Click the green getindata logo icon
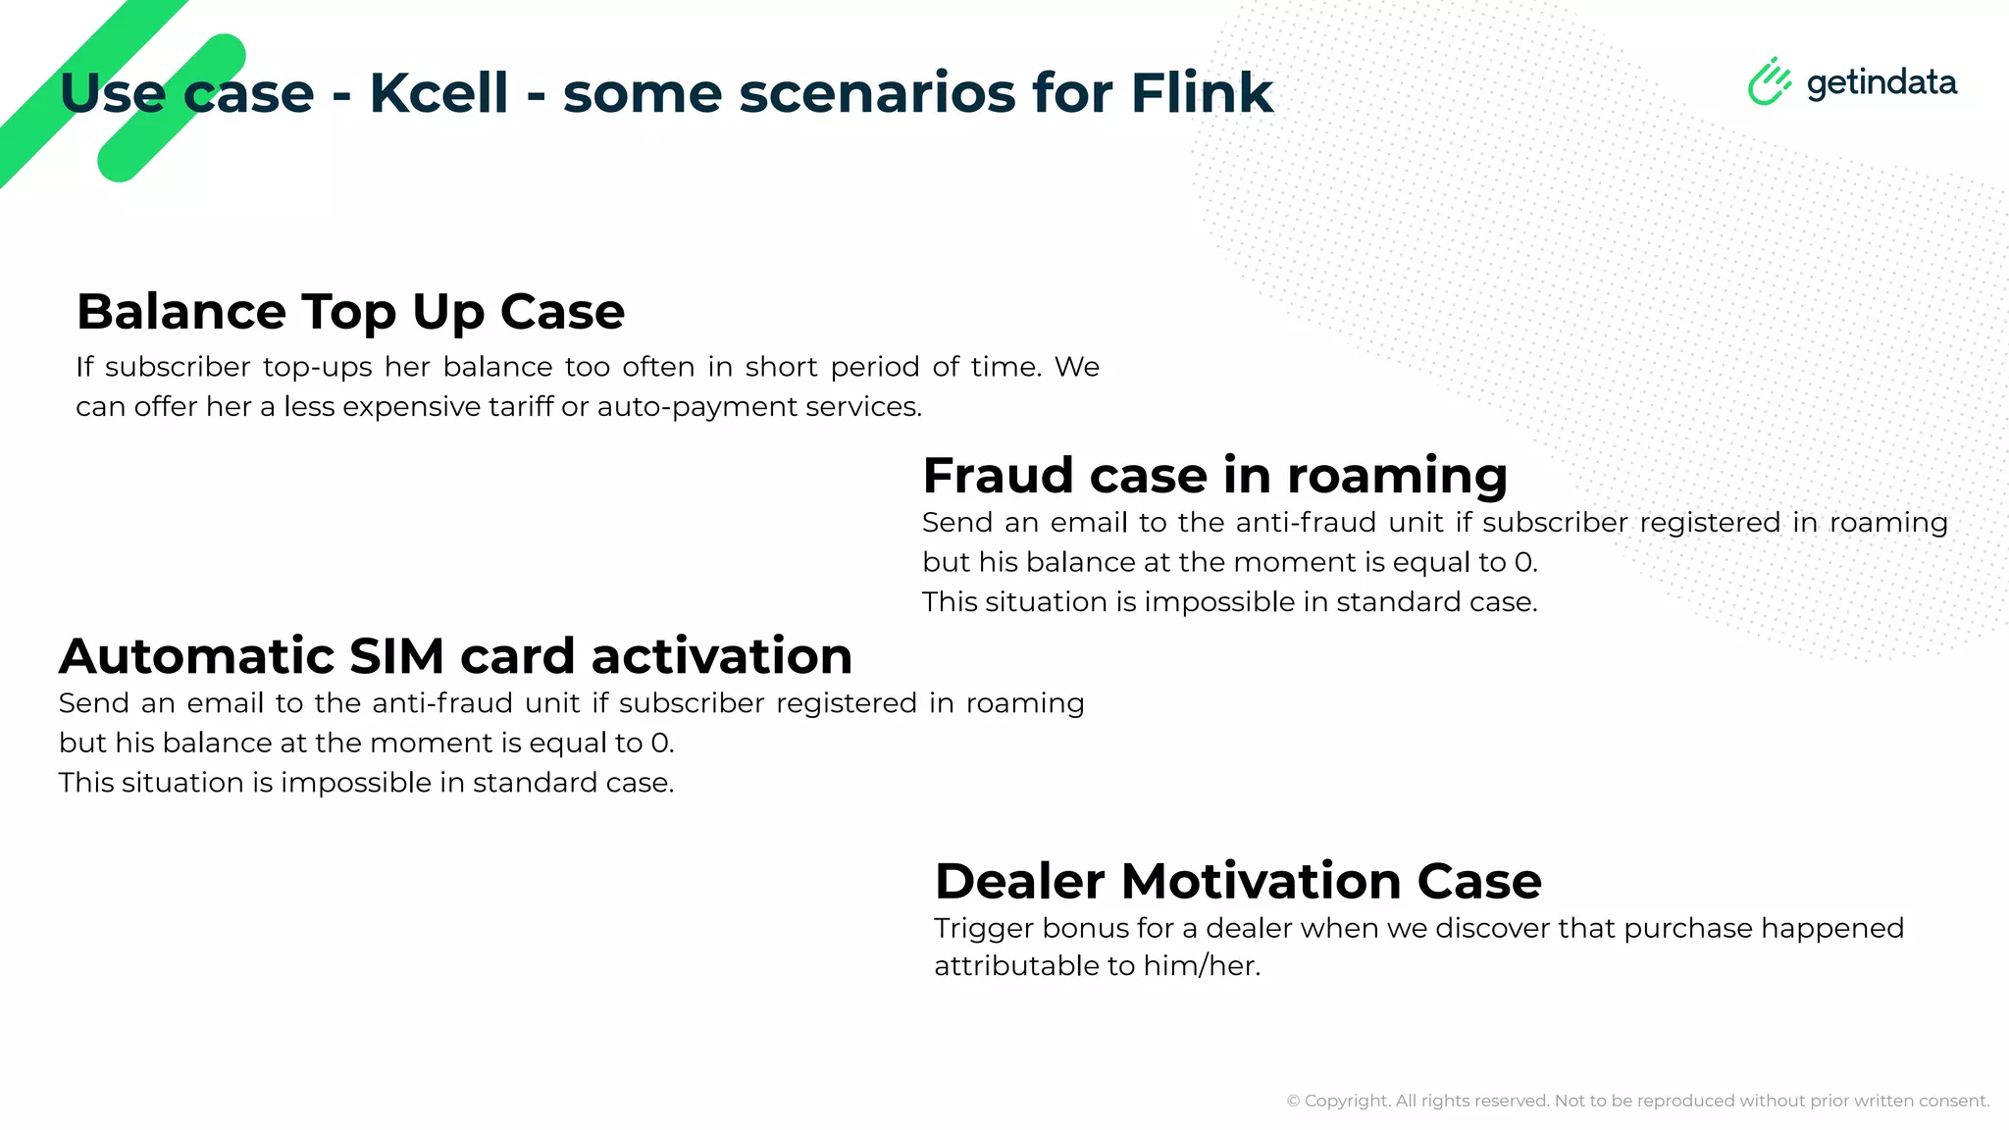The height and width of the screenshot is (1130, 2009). pyautogui.click(x=1769, y=81)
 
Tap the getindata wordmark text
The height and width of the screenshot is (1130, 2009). pyautogui.click(x=1881, y=83)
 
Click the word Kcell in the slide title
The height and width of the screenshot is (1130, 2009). pyautogui.click(x=438, y=93)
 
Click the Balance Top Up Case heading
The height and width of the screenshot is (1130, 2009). pyautogui.click(x=350, y=312)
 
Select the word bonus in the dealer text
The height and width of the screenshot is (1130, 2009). pyautogui.click(x=1086, y=928)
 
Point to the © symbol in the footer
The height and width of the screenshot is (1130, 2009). pyautogui.click(x=1293, y=1102)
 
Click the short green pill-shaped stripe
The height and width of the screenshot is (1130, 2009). pyautogui.click(x=172, y=108)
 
